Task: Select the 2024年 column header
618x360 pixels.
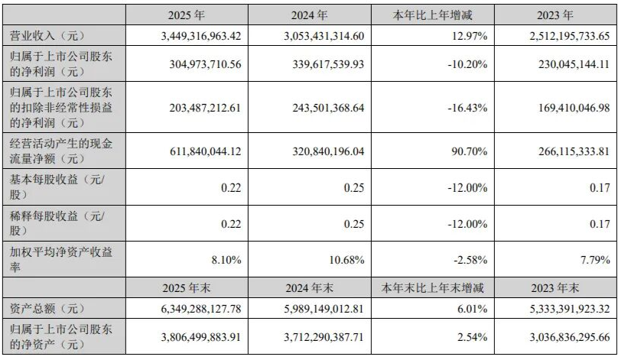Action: (x=311, y=15)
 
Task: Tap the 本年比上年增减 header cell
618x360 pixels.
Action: (x=433, y=15)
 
